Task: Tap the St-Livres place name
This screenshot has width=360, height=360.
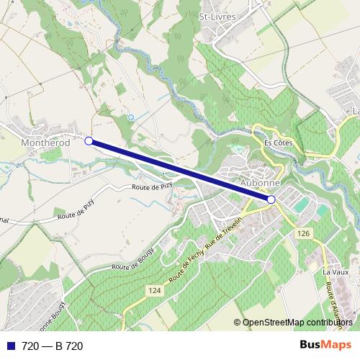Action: [x=218, y=15]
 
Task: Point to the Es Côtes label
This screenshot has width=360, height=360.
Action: [x=278, y=143]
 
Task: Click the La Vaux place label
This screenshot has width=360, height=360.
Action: [x=336, y=272]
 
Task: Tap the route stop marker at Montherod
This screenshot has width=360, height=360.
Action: [x=89, y=142]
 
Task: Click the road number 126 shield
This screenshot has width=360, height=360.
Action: [x=303, y=233]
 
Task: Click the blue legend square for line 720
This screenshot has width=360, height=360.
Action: [x=8, y=346]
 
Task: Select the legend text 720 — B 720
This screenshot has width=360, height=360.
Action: [x=53, y=346]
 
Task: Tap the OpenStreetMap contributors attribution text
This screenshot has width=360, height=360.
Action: [x=297, y=323]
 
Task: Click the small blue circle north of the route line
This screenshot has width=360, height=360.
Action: [x=130, y=117]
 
